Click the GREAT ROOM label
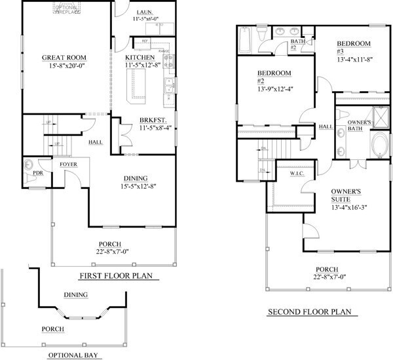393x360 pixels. (65, 58)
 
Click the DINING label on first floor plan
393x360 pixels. (135, 178)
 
